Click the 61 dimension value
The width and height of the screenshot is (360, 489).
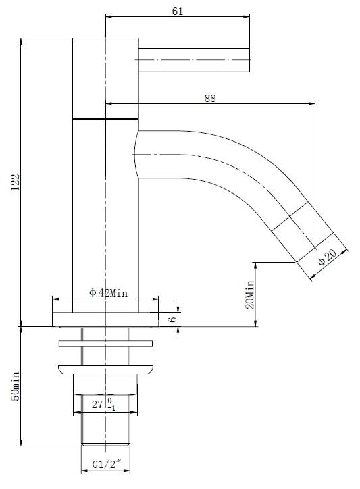[x=177, y=11]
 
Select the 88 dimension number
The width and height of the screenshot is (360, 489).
[x=210, y=98]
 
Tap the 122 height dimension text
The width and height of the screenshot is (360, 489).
[x=16, y=182]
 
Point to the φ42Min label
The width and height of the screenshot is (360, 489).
[x=108, y=293]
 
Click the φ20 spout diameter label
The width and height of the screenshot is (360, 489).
[x=328, y=257]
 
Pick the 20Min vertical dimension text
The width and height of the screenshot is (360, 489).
[x=249, y=294]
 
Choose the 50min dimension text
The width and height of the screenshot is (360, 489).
[x=16, y=386]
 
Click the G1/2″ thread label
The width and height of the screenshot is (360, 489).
[x=106, y=465]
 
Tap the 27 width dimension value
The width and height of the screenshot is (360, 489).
[x=97, y=404]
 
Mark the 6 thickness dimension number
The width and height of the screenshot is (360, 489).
[x=172, y=319]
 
